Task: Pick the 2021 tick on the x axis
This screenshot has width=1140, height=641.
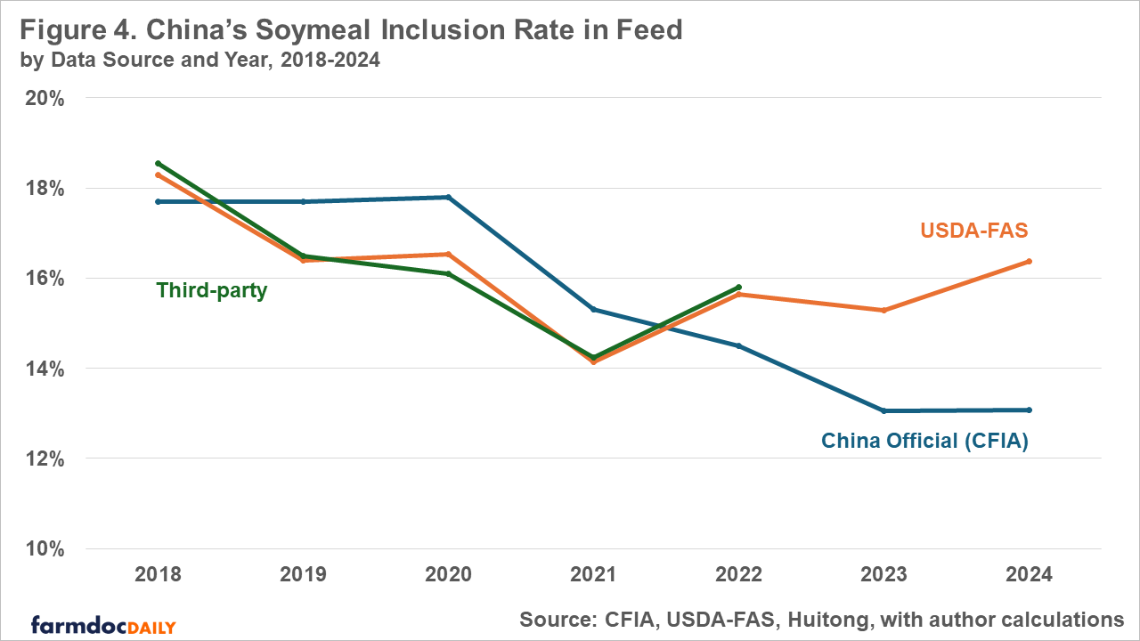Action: [x=593, y=575]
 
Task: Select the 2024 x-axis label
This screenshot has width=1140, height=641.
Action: [x=1030, y=575]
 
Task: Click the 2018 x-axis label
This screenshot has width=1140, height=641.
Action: [x=158, y=575]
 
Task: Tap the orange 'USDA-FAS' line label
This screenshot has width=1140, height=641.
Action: [x=973, y=231]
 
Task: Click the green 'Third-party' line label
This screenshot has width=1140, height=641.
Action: [x=212, y=290]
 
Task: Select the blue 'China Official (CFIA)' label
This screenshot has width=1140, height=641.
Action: [x=924, y=441]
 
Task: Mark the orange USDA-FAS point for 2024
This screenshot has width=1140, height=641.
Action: [x=1030, y=261]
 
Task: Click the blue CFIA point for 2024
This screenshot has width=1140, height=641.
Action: [x=1030, y=410]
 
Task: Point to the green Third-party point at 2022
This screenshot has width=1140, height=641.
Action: [x=739, y=288]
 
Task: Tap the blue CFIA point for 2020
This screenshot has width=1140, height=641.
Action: [x=448, y=197]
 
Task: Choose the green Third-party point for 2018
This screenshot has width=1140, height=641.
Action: [x=158, y=164]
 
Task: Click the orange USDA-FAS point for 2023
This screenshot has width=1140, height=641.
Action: [x=883, y=310]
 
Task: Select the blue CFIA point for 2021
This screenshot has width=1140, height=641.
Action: [x=593, y=309]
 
